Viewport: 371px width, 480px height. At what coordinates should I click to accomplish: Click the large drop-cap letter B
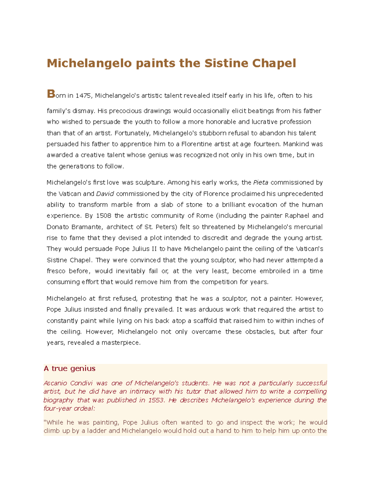[x=51, y=94]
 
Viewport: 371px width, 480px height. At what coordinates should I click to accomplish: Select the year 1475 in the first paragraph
[x=83, y=96]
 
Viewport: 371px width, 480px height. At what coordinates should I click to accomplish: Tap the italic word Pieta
[x=261, y=183]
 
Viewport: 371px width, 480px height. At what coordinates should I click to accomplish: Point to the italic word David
[x=105, y=194]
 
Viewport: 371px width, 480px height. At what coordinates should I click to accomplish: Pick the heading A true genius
[x=70, y=368]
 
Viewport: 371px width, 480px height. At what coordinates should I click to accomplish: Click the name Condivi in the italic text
[x=81, y=383]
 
